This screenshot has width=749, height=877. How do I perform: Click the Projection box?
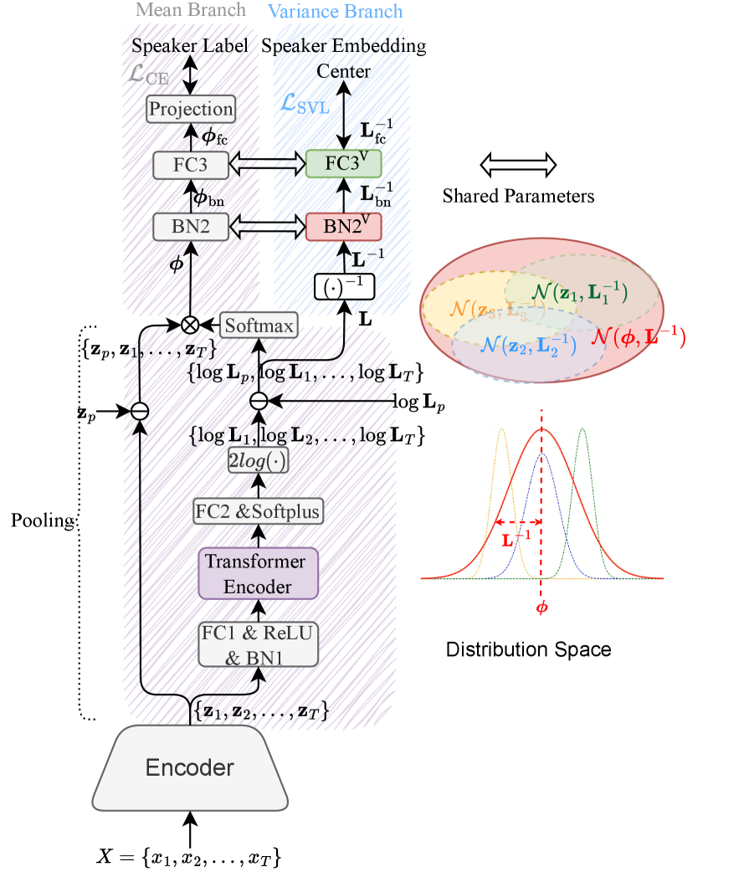click(190, 109)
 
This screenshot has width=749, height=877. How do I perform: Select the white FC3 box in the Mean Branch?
click(190, 165)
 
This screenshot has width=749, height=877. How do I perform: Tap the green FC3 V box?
click(343, 164)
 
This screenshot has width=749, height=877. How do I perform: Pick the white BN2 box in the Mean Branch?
click(190, 226)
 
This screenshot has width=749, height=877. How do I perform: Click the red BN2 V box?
click(343, 226)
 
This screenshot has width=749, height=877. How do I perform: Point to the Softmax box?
click(259, 325)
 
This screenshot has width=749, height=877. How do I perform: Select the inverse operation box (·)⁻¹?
click(343, 287)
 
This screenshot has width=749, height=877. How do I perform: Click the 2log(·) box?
click(258, 459)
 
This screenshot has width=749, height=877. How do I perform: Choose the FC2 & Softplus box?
click(258, 510)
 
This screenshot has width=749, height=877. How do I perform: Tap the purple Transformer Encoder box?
click(258, 573)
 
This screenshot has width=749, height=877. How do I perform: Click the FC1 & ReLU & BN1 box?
click(258, 644)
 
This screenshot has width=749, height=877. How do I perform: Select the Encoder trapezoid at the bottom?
click(190, 767)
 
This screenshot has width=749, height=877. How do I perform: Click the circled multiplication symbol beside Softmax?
click(191, 325)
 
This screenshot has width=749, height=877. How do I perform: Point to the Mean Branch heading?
click(191, 11)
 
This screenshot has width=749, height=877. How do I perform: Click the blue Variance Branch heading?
click(335, 12)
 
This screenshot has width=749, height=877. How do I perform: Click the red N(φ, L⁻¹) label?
click(638, 337)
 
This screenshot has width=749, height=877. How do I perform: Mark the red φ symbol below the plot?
click(541, 607)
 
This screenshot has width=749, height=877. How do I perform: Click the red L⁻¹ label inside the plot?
click(517, 540)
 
